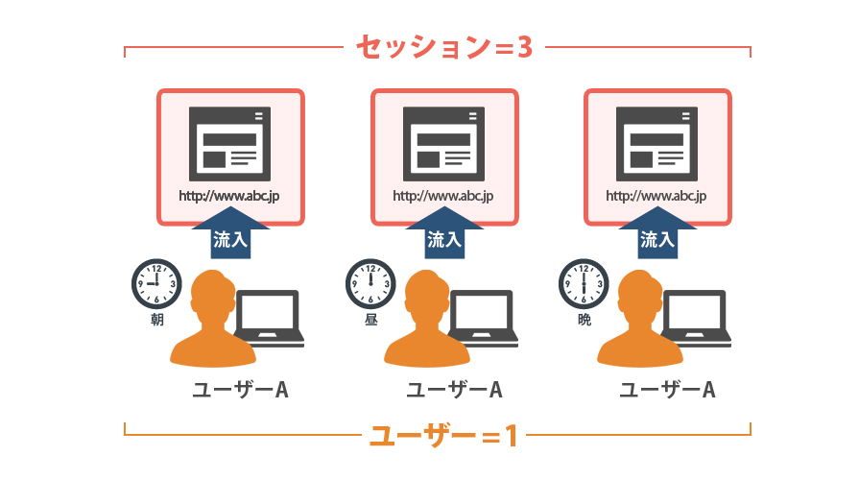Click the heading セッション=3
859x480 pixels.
pos(444,47)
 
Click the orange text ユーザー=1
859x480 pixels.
pos(443,436)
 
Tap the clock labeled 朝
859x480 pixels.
pos(156,284)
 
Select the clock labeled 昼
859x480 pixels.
pos(370,284)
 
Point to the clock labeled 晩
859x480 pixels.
pos(584,284)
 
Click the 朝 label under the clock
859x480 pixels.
pos(157,320)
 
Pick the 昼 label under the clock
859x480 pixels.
pos(371,320)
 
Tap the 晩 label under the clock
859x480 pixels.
pos(585,320)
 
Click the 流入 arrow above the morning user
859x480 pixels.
pos(230,235)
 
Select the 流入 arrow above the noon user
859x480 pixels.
pos(444,235)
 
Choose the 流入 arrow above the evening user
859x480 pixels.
pos(657,235)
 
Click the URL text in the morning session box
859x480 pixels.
pos(229,196)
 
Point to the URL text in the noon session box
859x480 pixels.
pos(443,196)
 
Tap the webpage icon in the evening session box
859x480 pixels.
pos(656,144)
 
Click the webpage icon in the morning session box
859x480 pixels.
pos(229,144)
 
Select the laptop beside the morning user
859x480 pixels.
pos(270,319)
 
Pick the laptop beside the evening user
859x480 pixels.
pos(696,319)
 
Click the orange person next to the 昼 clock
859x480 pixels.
pos(427,320)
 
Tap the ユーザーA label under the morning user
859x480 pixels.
pos(241,390)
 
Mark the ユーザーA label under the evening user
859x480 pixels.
pos(667,390)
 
